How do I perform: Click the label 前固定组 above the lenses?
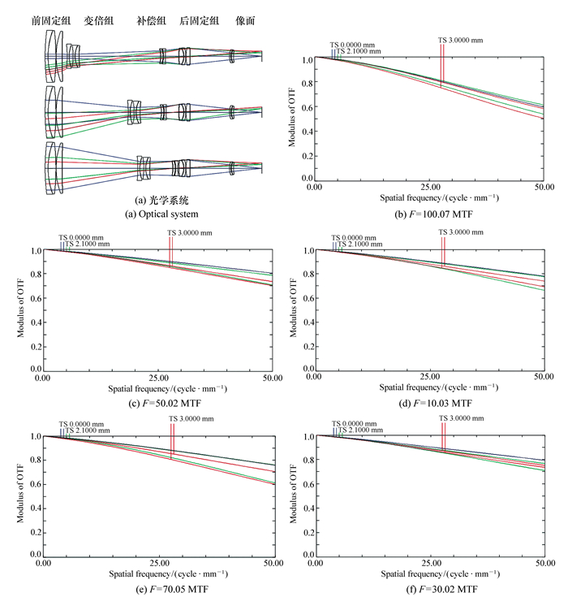pos(52,21)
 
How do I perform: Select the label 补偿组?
pos(152,21)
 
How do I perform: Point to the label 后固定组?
pos(200,21)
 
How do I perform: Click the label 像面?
pos(246,21)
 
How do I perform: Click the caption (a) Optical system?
pos(154,214)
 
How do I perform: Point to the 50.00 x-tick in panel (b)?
pos(544,188)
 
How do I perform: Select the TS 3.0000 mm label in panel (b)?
pos(460,39)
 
